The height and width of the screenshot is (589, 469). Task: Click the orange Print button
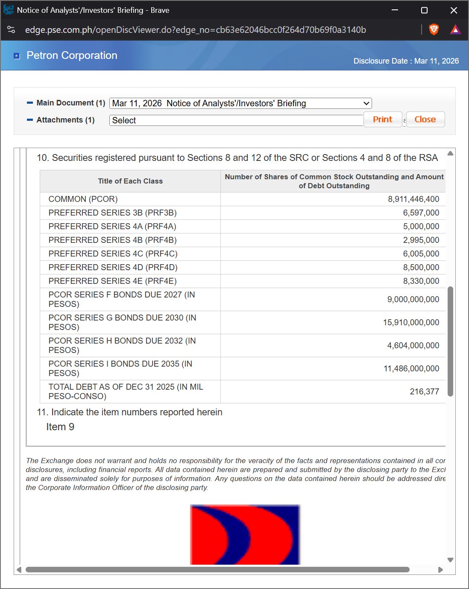pyautogui.click(x=382, y=120)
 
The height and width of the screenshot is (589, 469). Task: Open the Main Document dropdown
pyautogui.click(x=240, y=103)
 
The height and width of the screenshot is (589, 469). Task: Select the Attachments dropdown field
pyautogui.click(x=236, y=120)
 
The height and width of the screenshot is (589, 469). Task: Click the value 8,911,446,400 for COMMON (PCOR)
pyautogui.click(x=413, y=199)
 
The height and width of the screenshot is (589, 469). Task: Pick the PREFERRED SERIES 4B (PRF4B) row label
pyautogui.click(x=112, y=240)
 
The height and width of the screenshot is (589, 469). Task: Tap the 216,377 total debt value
pyautogui.click(x=424, y=391)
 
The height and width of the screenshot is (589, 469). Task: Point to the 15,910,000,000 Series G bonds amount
pyautogui.click(x=411, y=322)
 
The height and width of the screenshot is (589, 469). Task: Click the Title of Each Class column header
pyautogui.click(x=130, y=181)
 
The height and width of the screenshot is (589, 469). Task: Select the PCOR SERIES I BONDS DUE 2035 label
pyautogui.click(x=120, y=368)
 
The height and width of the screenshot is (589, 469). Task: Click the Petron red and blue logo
pyautogui.click(x=245, y=534)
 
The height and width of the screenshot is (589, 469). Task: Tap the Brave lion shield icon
pyautogui.click(x=434, y=29)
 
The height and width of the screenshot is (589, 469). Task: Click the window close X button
pyautogui.click(x=454, y=10)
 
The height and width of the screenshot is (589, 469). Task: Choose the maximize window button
pyautogui.click(x=424, y=10)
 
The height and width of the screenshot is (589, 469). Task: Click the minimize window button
pyautogui.click(x=395, y=10)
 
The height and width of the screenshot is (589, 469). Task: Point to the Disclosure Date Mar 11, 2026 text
pyautogui.click(x=406, y=61)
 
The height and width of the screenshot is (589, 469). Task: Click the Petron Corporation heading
pyautogui.click(x=72, y=55)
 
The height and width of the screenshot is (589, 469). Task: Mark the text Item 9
pyautogui.click(x=60, y=427)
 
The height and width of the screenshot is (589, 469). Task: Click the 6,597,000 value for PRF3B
pyautogui.click(x=421, y=213)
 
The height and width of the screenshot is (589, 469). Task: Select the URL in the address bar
pyautogui.click(x=195, y=30)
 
